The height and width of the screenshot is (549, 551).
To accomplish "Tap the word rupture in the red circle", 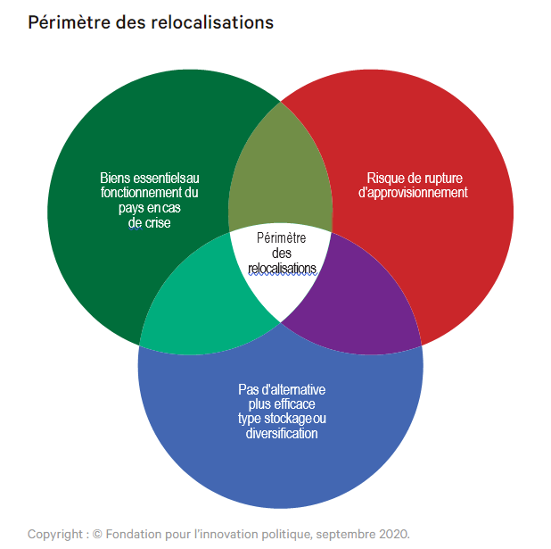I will (442, 178).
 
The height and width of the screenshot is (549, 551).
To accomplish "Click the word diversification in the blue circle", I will (282, 434).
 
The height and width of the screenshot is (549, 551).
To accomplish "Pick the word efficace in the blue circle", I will (294, 404).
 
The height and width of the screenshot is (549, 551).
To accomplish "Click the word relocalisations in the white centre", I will (282, 268).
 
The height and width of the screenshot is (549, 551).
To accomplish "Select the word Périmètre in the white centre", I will (282, 237).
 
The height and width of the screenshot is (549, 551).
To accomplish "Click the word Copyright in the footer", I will (54, 534).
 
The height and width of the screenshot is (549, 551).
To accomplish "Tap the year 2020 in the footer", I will (393, 534).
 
